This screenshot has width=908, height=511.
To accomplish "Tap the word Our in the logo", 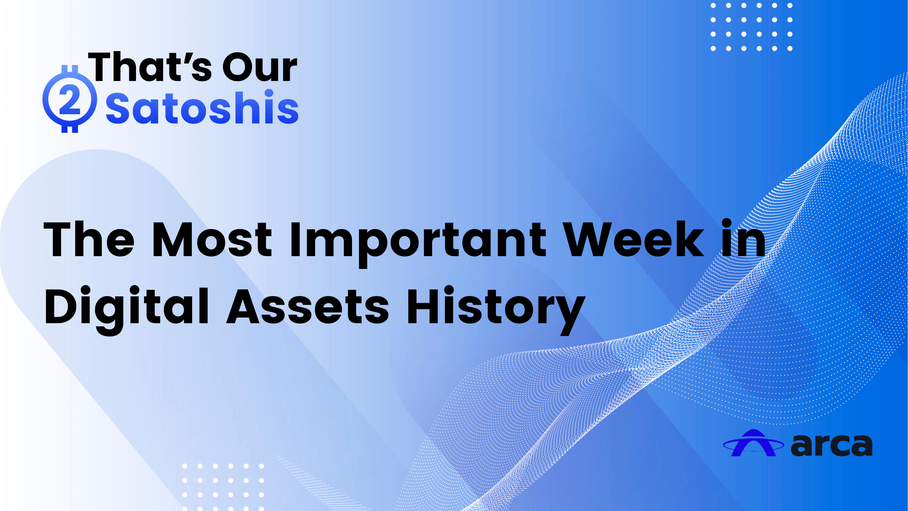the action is pos(260,67).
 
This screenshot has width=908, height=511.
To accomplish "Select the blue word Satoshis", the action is pos(202,107).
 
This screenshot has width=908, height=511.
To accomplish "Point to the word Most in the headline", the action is pos(212,240).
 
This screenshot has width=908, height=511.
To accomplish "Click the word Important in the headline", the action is pos(418,243).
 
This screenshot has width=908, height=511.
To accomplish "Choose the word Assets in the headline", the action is pos(308,306).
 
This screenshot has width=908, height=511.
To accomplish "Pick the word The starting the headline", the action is pos(89,240).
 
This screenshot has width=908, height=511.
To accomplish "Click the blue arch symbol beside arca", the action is pos(753,443).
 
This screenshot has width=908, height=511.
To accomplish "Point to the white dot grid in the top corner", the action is pos(751,27).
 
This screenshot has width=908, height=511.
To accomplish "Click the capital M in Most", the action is pos(172,240).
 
